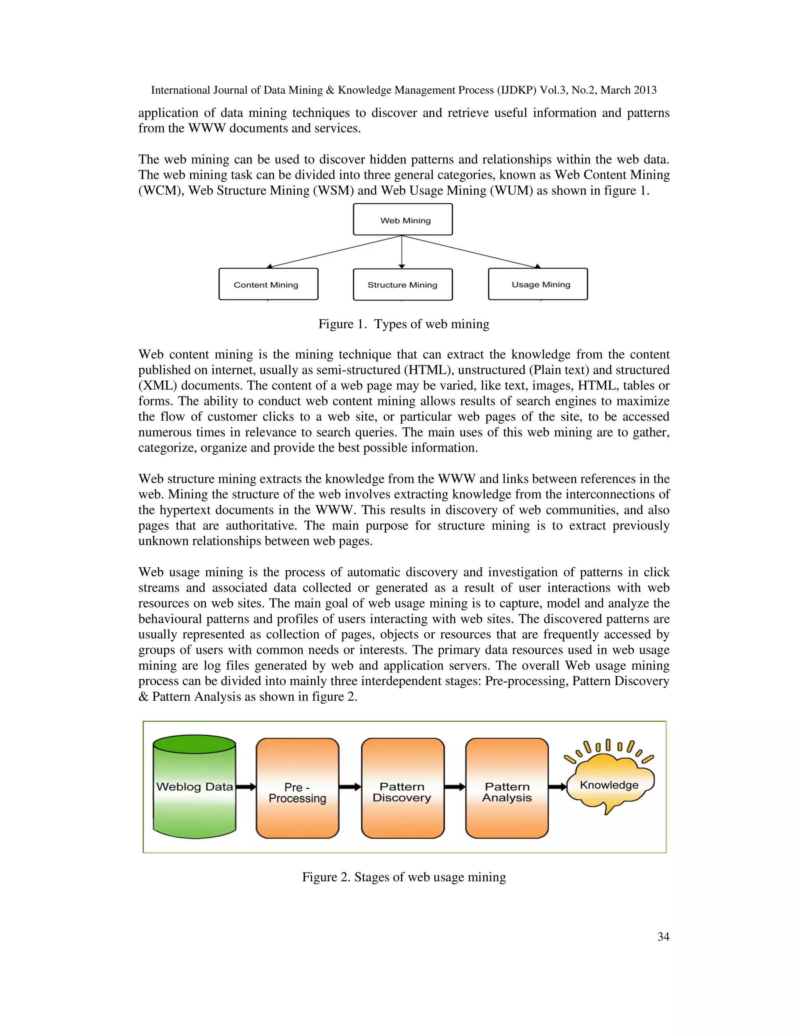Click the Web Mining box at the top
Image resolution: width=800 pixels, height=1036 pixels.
(403, 220)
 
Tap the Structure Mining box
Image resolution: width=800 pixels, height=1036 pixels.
(403, 285)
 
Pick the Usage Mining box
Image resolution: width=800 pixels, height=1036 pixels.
(538, 284)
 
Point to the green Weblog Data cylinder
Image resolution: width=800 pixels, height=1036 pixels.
(194, 787)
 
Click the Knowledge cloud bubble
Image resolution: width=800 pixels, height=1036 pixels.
(609, 785)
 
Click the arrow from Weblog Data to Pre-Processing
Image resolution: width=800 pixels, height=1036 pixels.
(245, 787)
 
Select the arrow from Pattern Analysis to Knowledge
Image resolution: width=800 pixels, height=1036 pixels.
(557, 787)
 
